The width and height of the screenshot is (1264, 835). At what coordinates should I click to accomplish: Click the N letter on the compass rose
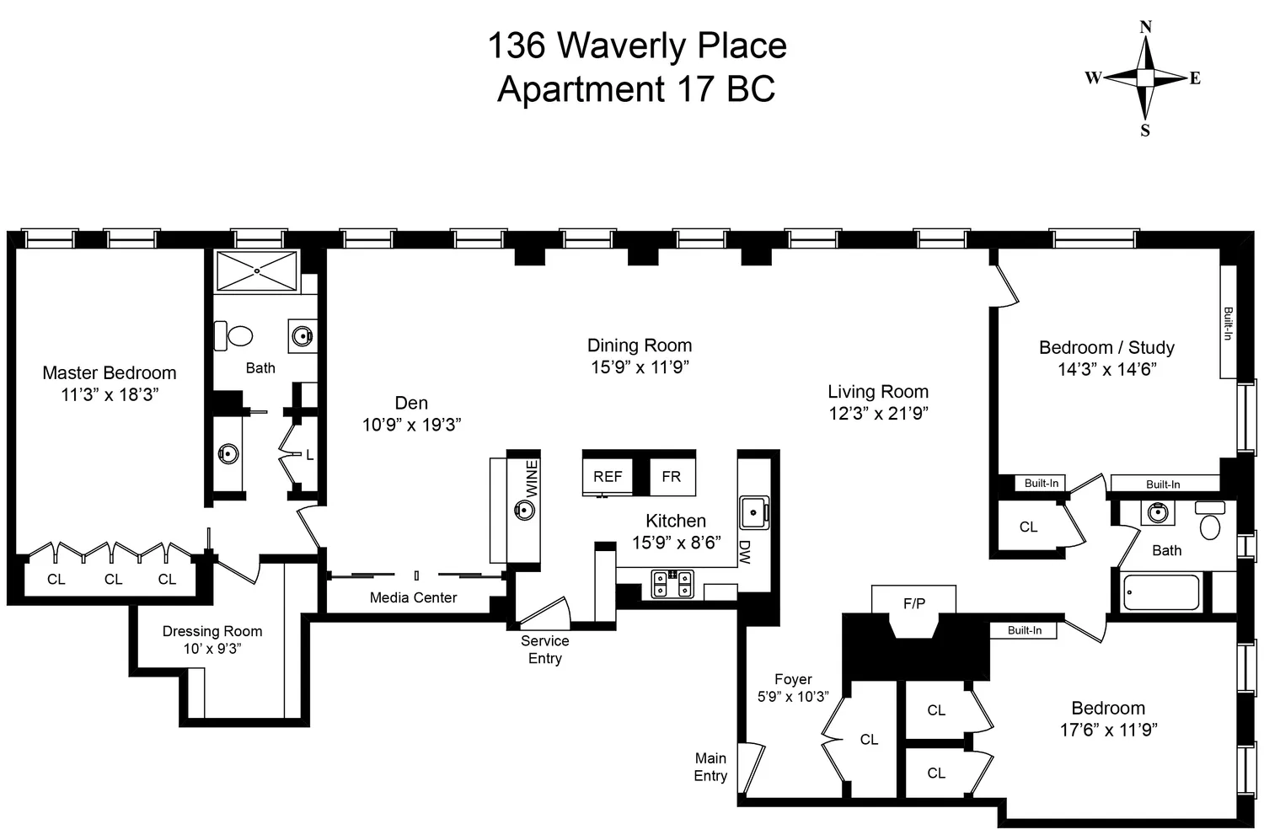coord(1145,27)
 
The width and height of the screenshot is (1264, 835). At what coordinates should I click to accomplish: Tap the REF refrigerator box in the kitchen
coord(608,477)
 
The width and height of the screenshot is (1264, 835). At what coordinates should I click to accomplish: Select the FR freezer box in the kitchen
coord(672,477)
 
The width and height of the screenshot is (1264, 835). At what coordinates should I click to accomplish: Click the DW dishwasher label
coord(745,551)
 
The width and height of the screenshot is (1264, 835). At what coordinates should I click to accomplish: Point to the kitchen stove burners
coord(672,583)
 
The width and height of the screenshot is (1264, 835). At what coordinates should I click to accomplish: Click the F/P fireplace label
coord(914,603)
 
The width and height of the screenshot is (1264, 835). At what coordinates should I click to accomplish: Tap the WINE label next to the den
coord(532,478)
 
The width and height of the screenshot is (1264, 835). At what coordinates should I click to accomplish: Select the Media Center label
coord(413,597)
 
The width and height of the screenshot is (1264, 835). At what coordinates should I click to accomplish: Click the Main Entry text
coord(710,767)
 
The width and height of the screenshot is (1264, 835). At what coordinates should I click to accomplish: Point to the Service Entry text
coord(544,650)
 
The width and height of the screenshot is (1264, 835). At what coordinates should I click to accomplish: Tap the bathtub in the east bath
coord(1162,592)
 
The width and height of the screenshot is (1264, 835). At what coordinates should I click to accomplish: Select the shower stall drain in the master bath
coord(257,270)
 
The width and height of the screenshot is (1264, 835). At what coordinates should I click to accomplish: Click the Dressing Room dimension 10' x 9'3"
coord(212,649)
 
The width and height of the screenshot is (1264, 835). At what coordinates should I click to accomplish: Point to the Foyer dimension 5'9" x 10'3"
coord(793,697)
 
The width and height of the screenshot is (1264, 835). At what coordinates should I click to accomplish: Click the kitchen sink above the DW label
coord(753,511)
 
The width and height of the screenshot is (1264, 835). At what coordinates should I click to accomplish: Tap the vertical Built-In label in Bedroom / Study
coord(1228,324)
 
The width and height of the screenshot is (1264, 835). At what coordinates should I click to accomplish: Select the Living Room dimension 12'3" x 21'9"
coord(878,413)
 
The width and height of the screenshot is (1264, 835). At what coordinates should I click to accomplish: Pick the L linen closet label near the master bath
coord(309,455)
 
